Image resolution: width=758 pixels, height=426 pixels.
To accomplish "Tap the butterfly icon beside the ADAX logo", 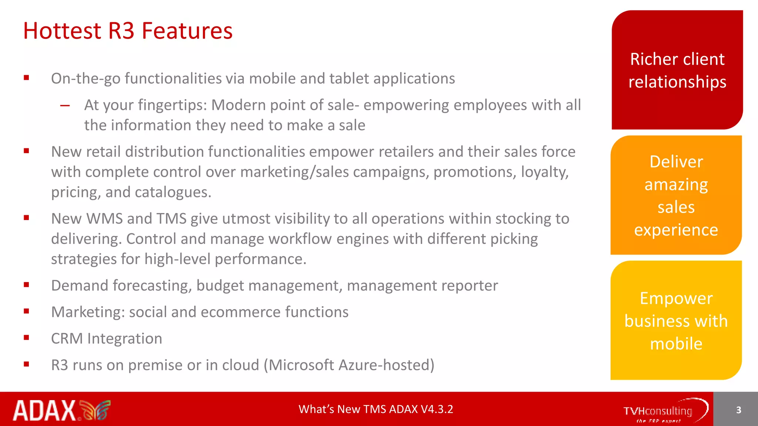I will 95,410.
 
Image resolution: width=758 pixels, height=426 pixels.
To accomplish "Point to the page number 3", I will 738,410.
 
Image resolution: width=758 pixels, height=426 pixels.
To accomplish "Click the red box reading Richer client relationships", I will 677,70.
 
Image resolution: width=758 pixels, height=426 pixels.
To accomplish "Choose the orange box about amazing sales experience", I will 676,195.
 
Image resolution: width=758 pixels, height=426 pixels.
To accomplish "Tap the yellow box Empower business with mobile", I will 676,320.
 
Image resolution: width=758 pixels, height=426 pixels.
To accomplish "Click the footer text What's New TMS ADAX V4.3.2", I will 376,409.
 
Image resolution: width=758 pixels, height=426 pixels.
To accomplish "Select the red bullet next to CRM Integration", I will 26,338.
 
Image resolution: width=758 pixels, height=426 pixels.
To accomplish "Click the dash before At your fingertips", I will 65,106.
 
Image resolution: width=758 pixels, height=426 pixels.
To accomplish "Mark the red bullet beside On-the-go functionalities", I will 26,78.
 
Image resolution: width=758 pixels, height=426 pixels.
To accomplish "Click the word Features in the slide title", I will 187,31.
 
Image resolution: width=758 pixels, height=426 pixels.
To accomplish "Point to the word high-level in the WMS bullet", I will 178,259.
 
